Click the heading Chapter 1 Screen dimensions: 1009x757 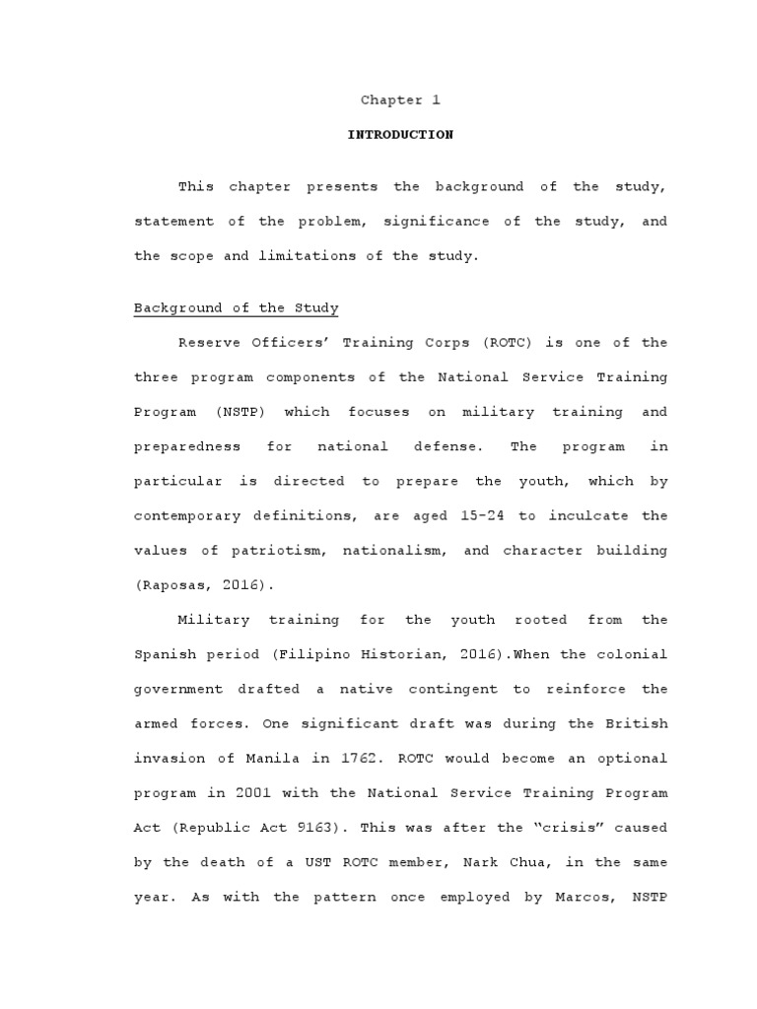click(400, 101)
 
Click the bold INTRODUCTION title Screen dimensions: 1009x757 click(400, 135)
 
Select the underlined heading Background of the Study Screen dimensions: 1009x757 click(237, 308)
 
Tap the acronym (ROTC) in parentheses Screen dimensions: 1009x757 click(510, 343)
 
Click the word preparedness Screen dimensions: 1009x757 click(187, 446)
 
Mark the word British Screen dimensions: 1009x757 click(637, 723)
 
